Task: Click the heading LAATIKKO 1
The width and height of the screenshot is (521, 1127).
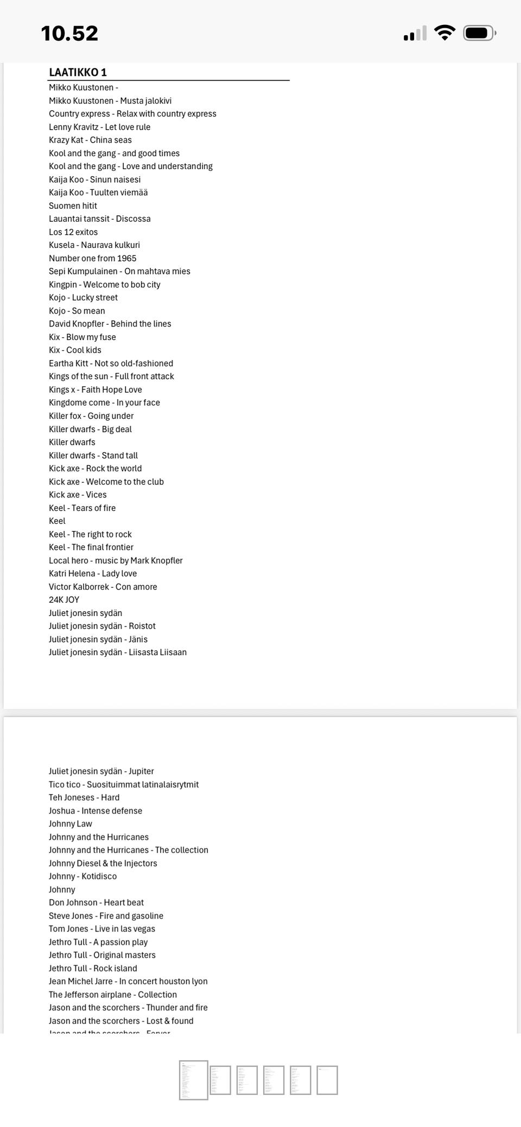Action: pos(78,72)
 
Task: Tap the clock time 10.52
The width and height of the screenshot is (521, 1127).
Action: pos(69,34)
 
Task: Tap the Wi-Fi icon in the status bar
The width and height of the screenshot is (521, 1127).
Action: pos(444,33)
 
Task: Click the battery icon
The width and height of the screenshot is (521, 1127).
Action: pos(479,33)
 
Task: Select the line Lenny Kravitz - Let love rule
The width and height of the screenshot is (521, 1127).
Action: pos(99,127)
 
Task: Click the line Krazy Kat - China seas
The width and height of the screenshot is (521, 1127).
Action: pos(90,140)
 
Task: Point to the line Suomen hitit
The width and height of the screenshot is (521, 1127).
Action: pos(73,206)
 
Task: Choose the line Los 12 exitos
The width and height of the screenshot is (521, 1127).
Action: pos(73,232)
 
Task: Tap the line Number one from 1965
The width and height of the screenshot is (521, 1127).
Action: pos(92,258)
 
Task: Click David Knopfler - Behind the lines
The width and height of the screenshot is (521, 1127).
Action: pos(110,324)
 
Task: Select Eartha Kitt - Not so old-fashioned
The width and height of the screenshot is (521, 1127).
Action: pos(111,363)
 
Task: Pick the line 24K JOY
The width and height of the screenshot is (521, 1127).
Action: pos(64,600)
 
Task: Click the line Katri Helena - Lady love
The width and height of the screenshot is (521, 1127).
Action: pos(93,573)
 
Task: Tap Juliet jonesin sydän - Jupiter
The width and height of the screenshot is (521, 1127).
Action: pos(101,771)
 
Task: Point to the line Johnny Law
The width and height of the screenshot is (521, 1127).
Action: pos(71,824)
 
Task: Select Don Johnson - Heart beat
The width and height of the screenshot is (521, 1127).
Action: pos(96,902)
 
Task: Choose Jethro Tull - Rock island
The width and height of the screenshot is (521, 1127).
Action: pos(93,968)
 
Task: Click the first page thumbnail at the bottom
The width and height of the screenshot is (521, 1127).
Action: pos(194,1080)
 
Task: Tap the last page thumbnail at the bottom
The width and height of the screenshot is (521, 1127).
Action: pos(327,1080)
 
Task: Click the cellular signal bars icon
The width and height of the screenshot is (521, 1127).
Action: pos(415,34)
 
